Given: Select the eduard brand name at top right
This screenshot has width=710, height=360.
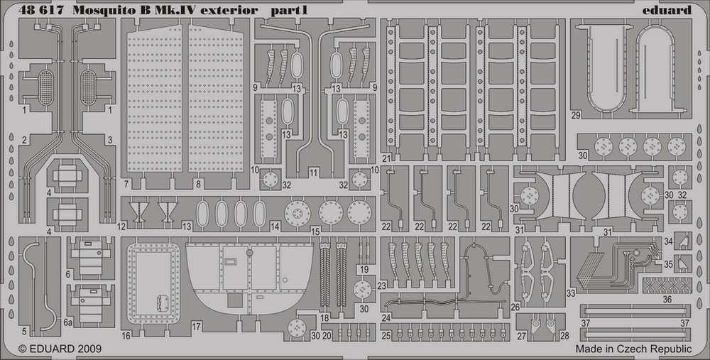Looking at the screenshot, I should click(668, 9).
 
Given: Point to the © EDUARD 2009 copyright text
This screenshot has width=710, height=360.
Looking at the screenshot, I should click(60, 349).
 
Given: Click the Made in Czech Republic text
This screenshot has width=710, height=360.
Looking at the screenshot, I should click(633, 349).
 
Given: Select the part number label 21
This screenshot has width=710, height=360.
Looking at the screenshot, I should click(386, 158).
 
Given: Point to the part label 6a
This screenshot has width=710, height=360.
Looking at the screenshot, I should click(67, 322).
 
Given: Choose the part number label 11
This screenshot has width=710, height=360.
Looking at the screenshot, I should click(314, 173).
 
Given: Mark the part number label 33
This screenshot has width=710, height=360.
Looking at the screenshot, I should click(570, 292).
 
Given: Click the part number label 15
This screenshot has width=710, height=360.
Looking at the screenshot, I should click(315, 231).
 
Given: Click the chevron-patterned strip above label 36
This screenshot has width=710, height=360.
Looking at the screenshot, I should click(667, 286).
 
